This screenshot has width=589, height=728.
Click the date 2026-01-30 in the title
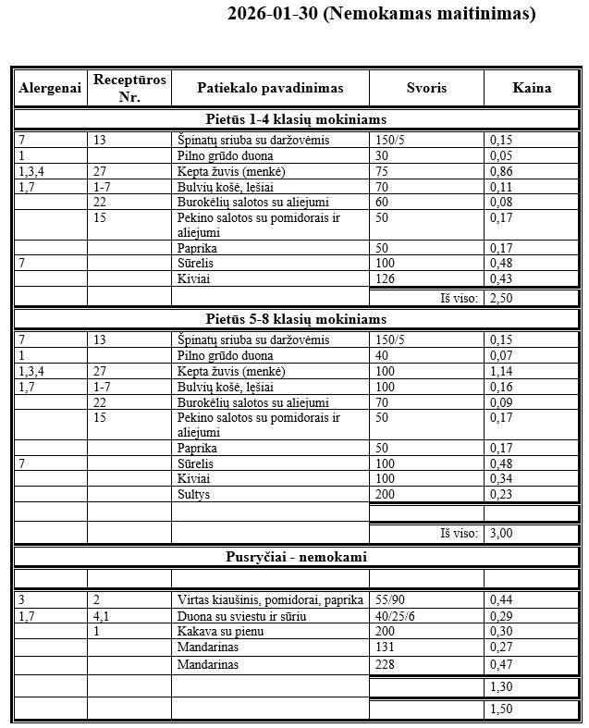(272, 16)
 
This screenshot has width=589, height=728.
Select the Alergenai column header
(49, 88)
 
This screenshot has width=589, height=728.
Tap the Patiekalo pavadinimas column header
(269, 88)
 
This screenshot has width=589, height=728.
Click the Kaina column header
(532, 88)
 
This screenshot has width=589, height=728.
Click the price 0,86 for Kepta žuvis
(501, 172)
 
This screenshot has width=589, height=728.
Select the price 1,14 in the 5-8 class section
(501, 372)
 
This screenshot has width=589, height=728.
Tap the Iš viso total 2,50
(500, 298)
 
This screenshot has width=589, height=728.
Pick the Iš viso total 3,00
(500, 533)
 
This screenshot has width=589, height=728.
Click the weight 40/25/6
(393, 616)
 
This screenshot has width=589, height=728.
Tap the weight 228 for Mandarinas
(385, 664)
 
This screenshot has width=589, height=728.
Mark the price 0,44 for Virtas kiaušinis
(501, 599)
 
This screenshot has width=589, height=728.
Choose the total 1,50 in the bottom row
(500, 709)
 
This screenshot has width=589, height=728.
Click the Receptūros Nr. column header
(129, 88)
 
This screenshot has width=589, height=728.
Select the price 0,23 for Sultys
(501, 495)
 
